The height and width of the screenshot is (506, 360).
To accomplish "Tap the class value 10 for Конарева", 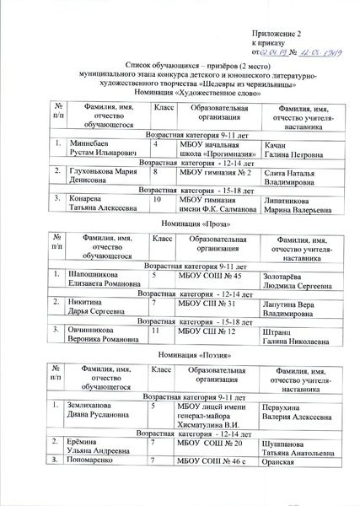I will coord(158,199).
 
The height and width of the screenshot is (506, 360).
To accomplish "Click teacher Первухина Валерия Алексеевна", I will coord(298,411).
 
